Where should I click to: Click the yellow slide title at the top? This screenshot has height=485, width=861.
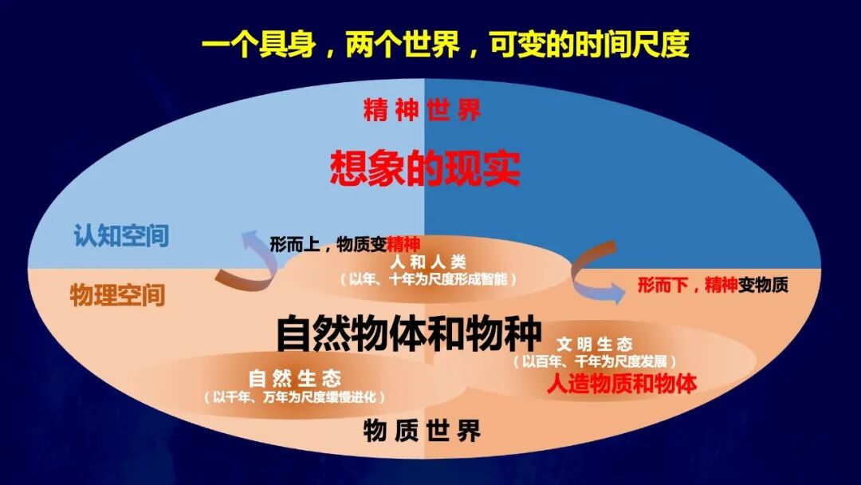click(x=445, y=45)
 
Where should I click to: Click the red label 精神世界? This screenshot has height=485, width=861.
click(x=423, y=110)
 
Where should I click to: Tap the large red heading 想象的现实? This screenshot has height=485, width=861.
click(x=425, y=168)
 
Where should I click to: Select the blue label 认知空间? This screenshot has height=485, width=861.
click(x=121, y=236)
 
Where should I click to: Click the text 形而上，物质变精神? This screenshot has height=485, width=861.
click(x=344, y=244)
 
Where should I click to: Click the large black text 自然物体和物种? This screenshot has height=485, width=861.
click(x=409, y=333)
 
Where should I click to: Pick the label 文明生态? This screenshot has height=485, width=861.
click(x=595, y=344)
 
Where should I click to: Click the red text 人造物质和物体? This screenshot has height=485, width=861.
click(x=621, y=384)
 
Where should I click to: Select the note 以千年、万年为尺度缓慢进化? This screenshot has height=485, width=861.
click(x=295, y=396)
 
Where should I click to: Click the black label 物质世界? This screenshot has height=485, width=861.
click(x=423, y=432)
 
